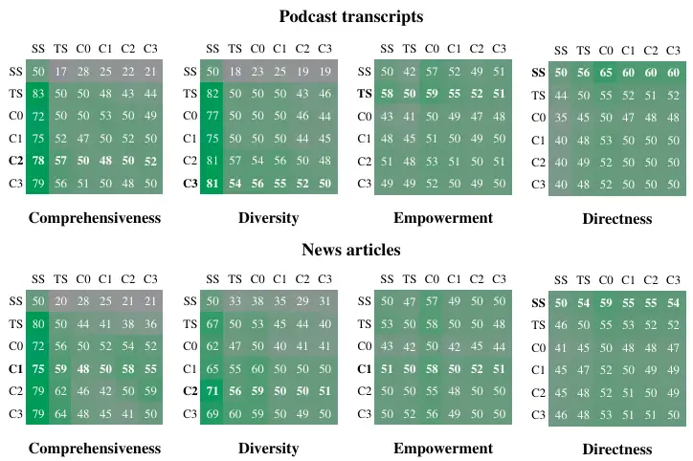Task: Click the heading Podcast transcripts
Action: click(350, 16)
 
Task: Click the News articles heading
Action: click(350, 250)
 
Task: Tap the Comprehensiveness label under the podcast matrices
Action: click(94, 218)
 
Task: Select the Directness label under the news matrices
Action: click(616, 449)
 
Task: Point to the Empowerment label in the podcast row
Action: click(445, 218)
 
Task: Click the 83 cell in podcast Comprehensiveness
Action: click(38, 94)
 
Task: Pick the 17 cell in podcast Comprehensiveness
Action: click(60, 71)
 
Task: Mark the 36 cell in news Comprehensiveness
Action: click(150, 323)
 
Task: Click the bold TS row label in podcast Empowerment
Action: click(364, 94)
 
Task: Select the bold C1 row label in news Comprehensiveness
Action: click(14, 368)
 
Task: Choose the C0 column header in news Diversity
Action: click(256, 277)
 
